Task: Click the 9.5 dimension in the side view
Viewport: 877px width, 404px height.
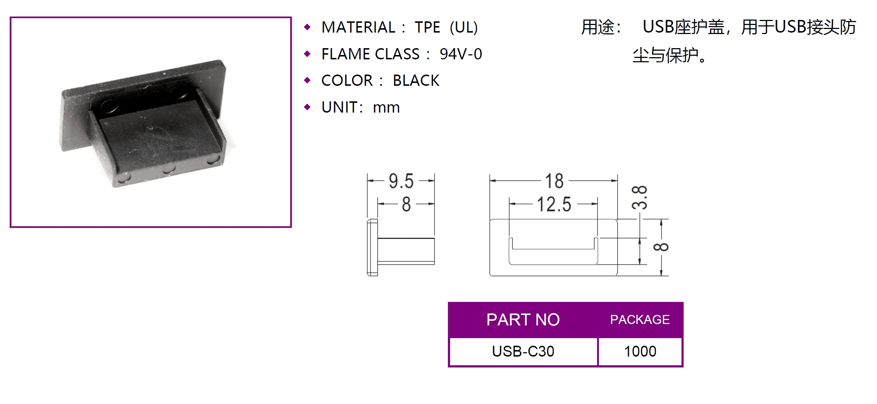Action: coord(401,181)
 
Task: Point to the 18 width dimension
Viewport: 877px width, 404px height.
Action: coord(554,181)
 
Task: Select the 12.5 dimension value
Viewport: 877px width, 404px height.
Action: coord(554,204)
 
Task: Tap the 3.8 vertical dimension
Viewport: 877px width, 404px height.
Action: coord(639,198)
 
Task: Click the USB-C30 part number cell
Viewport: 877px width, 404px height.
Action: coord(523,352)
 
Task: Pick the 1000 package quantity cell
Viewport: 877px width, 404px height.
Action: coord(640,352)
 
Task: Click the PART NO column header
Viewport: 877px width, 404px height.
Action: coord(523,320)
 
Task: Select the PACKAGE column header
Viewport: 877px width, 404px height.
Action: coord(640,320)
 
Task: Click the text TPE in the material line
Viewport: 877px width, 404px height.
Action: coord(427,28)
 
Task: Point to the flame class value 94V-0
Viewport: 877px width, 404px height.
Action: coord(461,54)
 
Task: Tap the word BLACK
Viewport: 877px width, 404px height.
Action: coord(416,80)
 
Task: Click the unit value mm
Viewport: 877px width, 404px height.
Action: coord(386,108)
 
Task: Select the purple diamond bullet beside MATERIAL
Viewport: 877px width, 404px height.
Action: coord(307,27)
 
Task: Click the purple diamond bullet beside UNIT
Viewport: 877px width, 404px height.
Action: coord(307,107)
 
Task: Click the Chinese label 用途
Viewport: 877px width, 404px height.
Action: coord(598,27)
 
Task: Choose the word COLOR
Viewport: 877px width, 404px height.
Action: coord(347,80)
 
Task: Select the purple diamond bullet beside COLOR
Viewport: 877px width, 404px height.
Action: coord(307,80)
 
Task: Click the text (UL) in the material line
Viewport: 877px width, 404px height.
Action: coord(464,28)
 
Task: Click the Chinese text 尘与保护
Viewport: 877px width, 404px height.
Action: coord(665,55)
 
